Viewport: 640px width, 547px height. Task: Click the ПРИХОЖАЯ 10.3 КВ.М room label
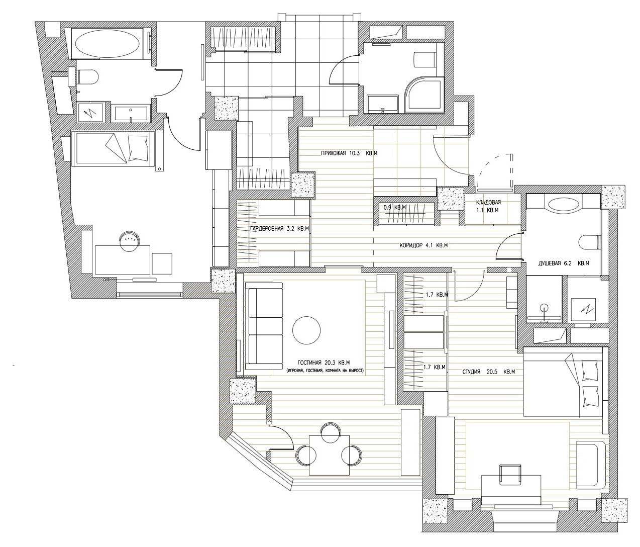[349, 153]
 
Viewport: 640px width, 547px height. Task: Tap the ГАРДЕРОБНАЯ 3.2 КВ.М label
[279, 229]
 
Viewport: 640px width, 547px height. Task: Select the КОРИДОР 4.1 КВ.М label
[423, 245]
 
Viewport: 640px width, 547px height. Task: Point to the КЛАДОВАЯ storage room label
[488, 203]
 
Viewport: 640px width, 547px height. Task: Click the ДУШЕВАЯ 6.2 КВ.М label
[564, 263]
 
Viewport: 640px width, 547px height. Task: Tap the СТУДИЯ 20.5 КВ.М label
[489, 372]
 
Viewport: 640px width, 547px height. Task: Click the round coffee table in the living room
[306, 329]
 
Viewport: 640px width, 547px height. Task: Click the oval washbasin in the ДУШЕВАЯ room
[563, 204]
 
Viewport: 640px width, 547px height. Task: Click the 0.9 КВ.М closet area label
[395, 207]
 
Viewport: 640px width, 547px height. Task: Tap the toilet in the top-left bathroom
[87, 76]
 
